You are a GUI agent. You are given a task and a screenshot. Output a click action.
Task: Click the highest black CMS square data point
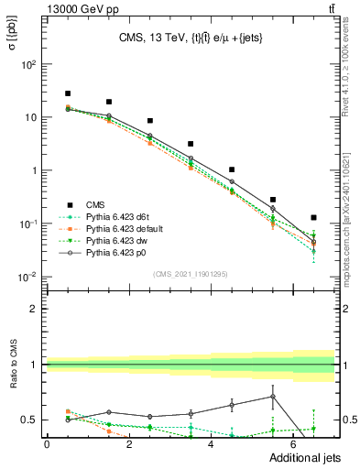pos(68,93)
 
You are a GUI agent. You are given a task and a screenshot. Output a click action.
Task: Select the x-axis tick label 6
pos(294,444)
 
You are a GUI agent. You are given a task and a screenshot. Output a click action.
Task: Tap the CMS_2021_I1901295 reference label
pos(190,274)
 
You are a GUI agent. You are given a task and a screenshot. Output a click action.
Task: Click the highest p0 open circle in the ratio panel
pos(273,397)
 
